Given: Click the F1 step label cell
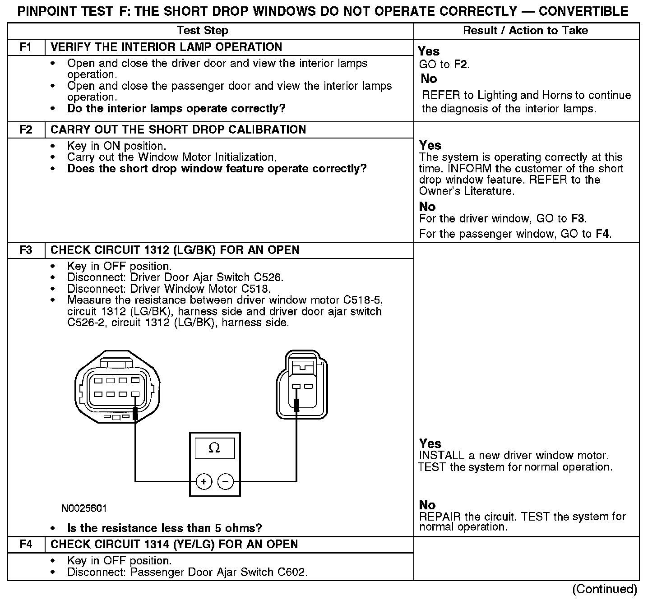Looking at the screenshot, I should click(x=26, y=47).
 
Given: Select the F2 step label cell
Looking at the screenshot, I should click(x=26, y=130).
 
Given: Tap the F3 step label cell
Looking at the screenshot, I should click(x=26, y=250).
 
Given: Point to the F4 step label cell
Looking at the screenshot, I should click(x=26, y=545).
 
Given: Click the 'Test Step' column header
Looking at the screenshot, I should click(x=202, y=31).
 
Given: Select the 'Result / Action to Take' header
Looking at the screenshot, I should click(x=526, y=31).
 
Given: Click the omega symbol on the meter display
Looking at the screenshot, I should click(x=214, y=448).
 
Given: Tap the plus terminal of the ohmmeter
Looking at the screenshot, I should click(x=204, y=482).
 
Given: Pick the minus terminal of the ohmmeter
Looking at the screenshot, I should click(x=226, y=482).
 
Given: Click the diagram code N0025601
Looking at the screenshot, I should click(x=84, y=508).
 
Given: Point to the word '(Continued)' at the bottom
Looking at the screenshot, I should click(x=604, y=589).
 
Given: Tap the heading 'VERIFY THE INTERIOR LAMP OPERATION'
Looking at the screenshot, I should click(x=166, y=47).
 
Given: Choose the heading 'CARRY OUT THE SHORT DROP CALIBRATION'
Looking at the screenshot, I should click(x=178, y=130).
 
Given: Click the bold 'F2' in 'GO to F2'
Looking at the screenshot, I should click(x=460, y=65).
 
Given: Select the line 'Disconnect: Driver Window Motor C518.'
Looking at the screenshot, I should click(x=169, y=289).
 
